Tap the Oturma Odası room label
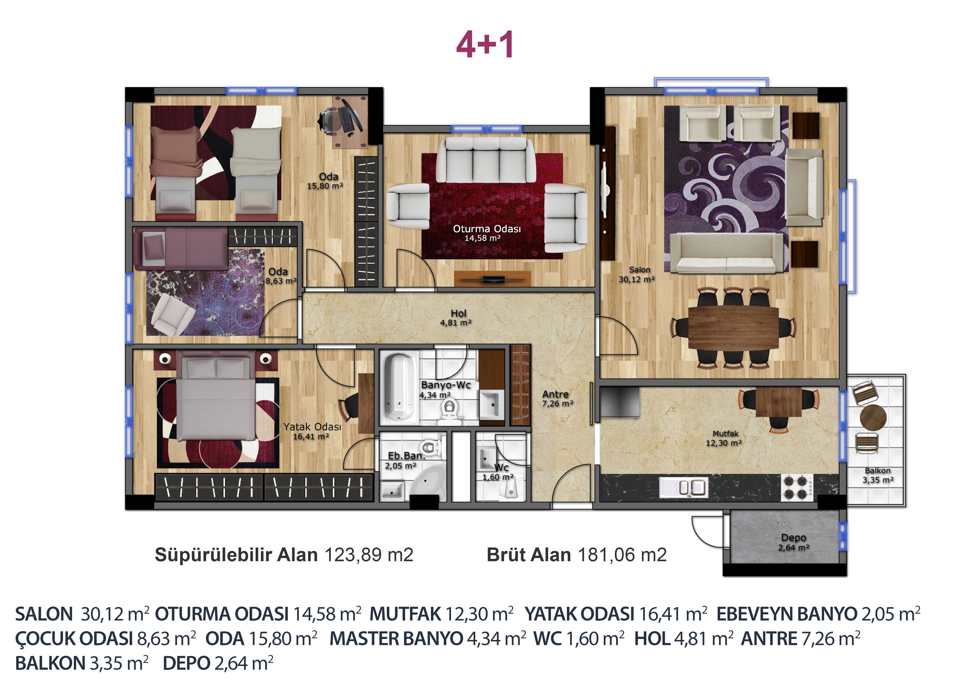pos(487,229)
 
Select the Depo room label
pos(794,538)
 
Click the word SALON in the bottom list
pos(44,614)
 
